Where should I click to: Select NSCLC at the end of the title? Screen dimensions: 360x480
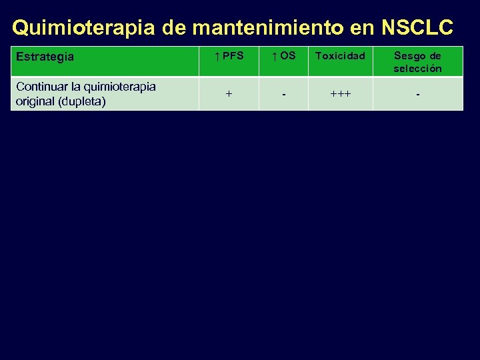pos(417,27)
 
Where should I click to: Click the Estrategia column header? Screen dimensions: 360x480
pos(45,57)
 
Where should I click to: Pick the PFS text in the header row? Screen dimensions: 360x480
pos(233,56)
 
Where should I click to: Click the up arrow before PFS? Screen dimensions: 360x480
pos(217,56)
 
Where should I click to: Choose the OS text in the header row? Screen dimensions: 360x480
pos(287,56)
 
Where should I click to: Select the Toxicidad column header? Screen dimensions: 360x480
pos(340,56)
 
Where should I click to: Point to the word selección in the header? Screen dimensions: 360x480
pos(417,68)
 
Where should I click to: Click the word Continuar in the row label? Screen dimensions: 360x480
pos(42,87)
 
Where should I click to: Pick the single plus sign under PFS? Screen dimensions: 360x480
pos(229,95)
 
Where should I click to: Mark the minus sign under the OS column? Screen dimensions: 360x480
pos(284,95)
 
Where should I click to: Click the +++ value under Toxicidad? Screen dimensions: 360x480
pos(340,95)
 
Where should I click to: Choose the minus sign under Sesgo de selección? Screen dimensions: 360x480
pos(417,95)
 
